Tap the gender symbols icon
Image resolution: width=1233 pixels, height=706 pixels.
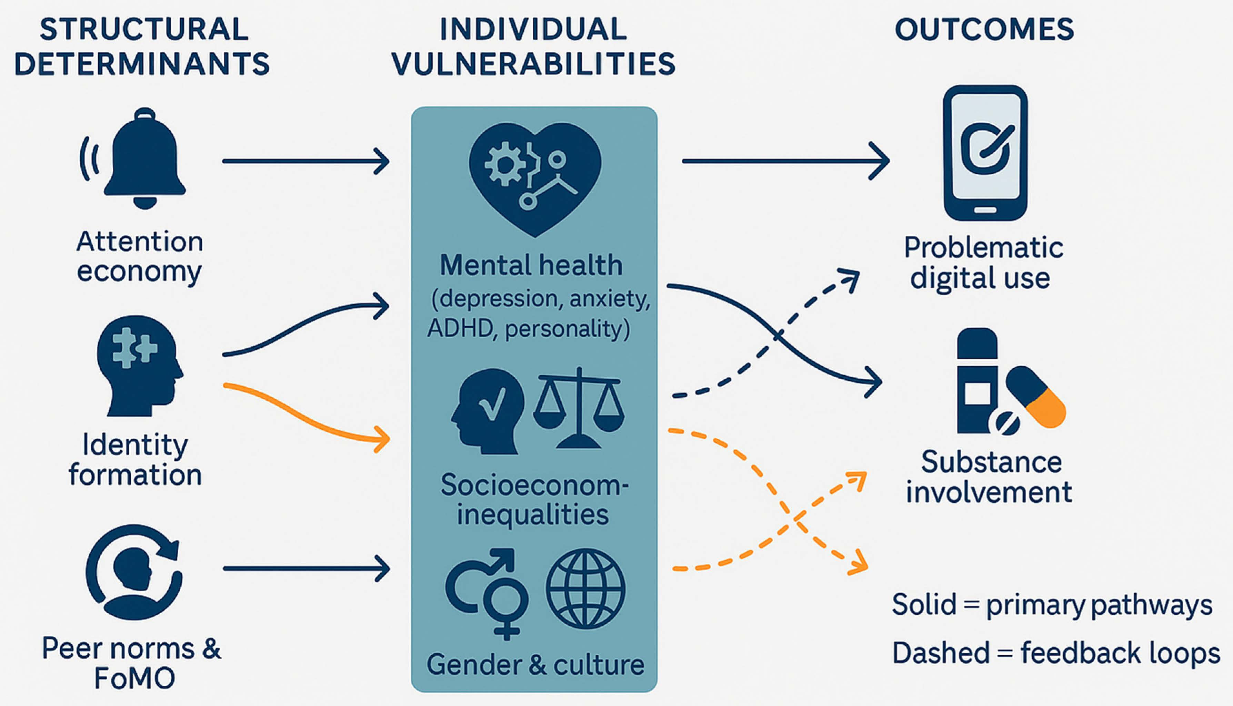point(487,594)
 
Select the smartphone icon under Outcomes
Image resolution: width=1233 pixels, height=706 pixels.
point(985,153)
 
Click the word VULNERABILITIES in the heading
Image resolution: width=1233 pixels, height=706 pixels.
point(534,64)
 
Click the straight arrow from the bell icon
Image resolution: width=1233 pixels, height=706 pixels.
point(306,161)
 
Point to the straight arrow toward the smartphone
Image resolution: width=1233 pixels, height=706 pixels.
point(785,161)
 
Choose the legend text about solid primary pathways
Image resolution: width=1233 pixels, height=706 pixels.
point(1052,605)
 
